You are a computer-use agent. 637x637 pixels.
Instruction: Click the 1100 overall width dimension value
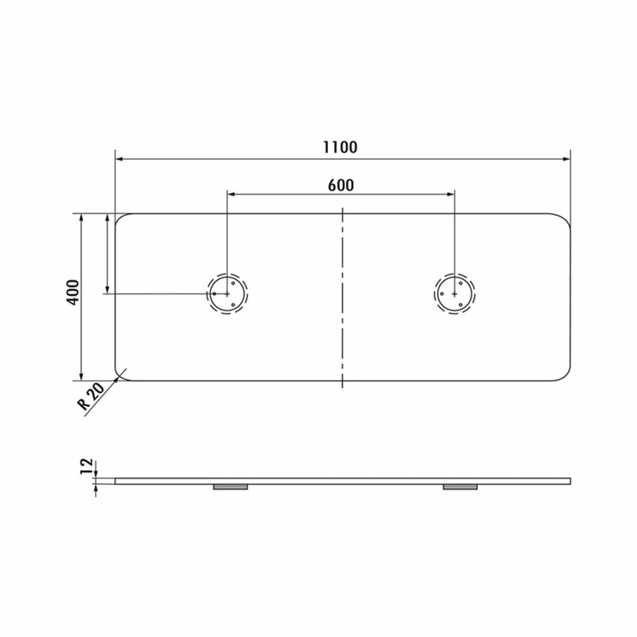pyautogui.click(x=340, y=147)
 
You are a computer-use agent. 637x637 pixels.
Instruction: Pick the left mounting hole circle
pyautogui.click(x=227, y=294)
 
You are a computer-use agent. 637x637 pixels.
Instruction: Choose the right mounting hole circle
pyautogui.click(x=454, y=294)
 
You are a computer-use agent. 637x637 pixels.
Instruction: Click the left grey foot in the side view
pyautogui.click(x=230, y=487)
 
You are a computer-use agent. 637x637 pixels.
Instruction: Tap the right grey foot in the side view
pyautogui.click(x=459, y=487)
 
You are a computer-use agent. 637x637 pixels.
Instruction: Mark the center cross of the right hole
pyautogui.click(x=454, y=294)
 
